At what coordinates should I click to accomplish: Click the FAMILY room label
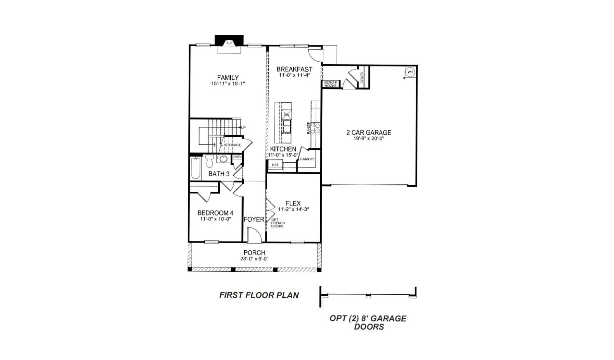coord(228,77)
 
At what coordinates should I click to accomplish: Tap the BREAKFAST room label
coord(294,69)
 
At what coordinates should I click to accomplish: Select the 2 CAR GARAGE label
coord(369,132)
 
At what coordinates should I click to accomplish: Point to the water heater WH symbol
coord(410,72)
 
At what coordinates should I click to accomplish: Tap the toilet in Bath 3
coord(209,161)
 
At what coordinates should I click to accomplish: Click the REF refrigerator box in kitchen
coord(275,165)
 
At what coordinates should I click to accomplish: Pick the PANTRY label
coord(307,159)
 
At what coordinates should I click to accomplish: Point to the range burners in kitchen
coord(316,128)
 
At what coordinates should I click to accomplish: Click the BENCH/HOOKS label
coord(330,84)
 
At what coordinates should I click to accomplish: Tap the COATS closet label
coord(362,78)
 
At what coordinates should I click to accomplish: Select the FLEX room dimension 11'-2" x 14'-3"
coord(293,210)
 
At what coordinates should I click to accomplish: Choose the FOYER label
coord(254,220)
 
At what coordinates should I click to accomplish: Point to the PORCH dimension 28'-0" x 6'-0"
coord(254,259)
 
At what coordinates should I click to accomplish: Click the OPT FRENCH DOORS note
coord(278,223)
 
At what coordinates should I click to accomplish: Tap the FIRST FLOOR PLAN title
coord(259,295)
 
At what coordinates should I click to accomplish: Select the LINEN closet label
coord(237,157)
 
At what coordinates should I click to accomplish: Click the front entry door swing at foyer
coord(254,235)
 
